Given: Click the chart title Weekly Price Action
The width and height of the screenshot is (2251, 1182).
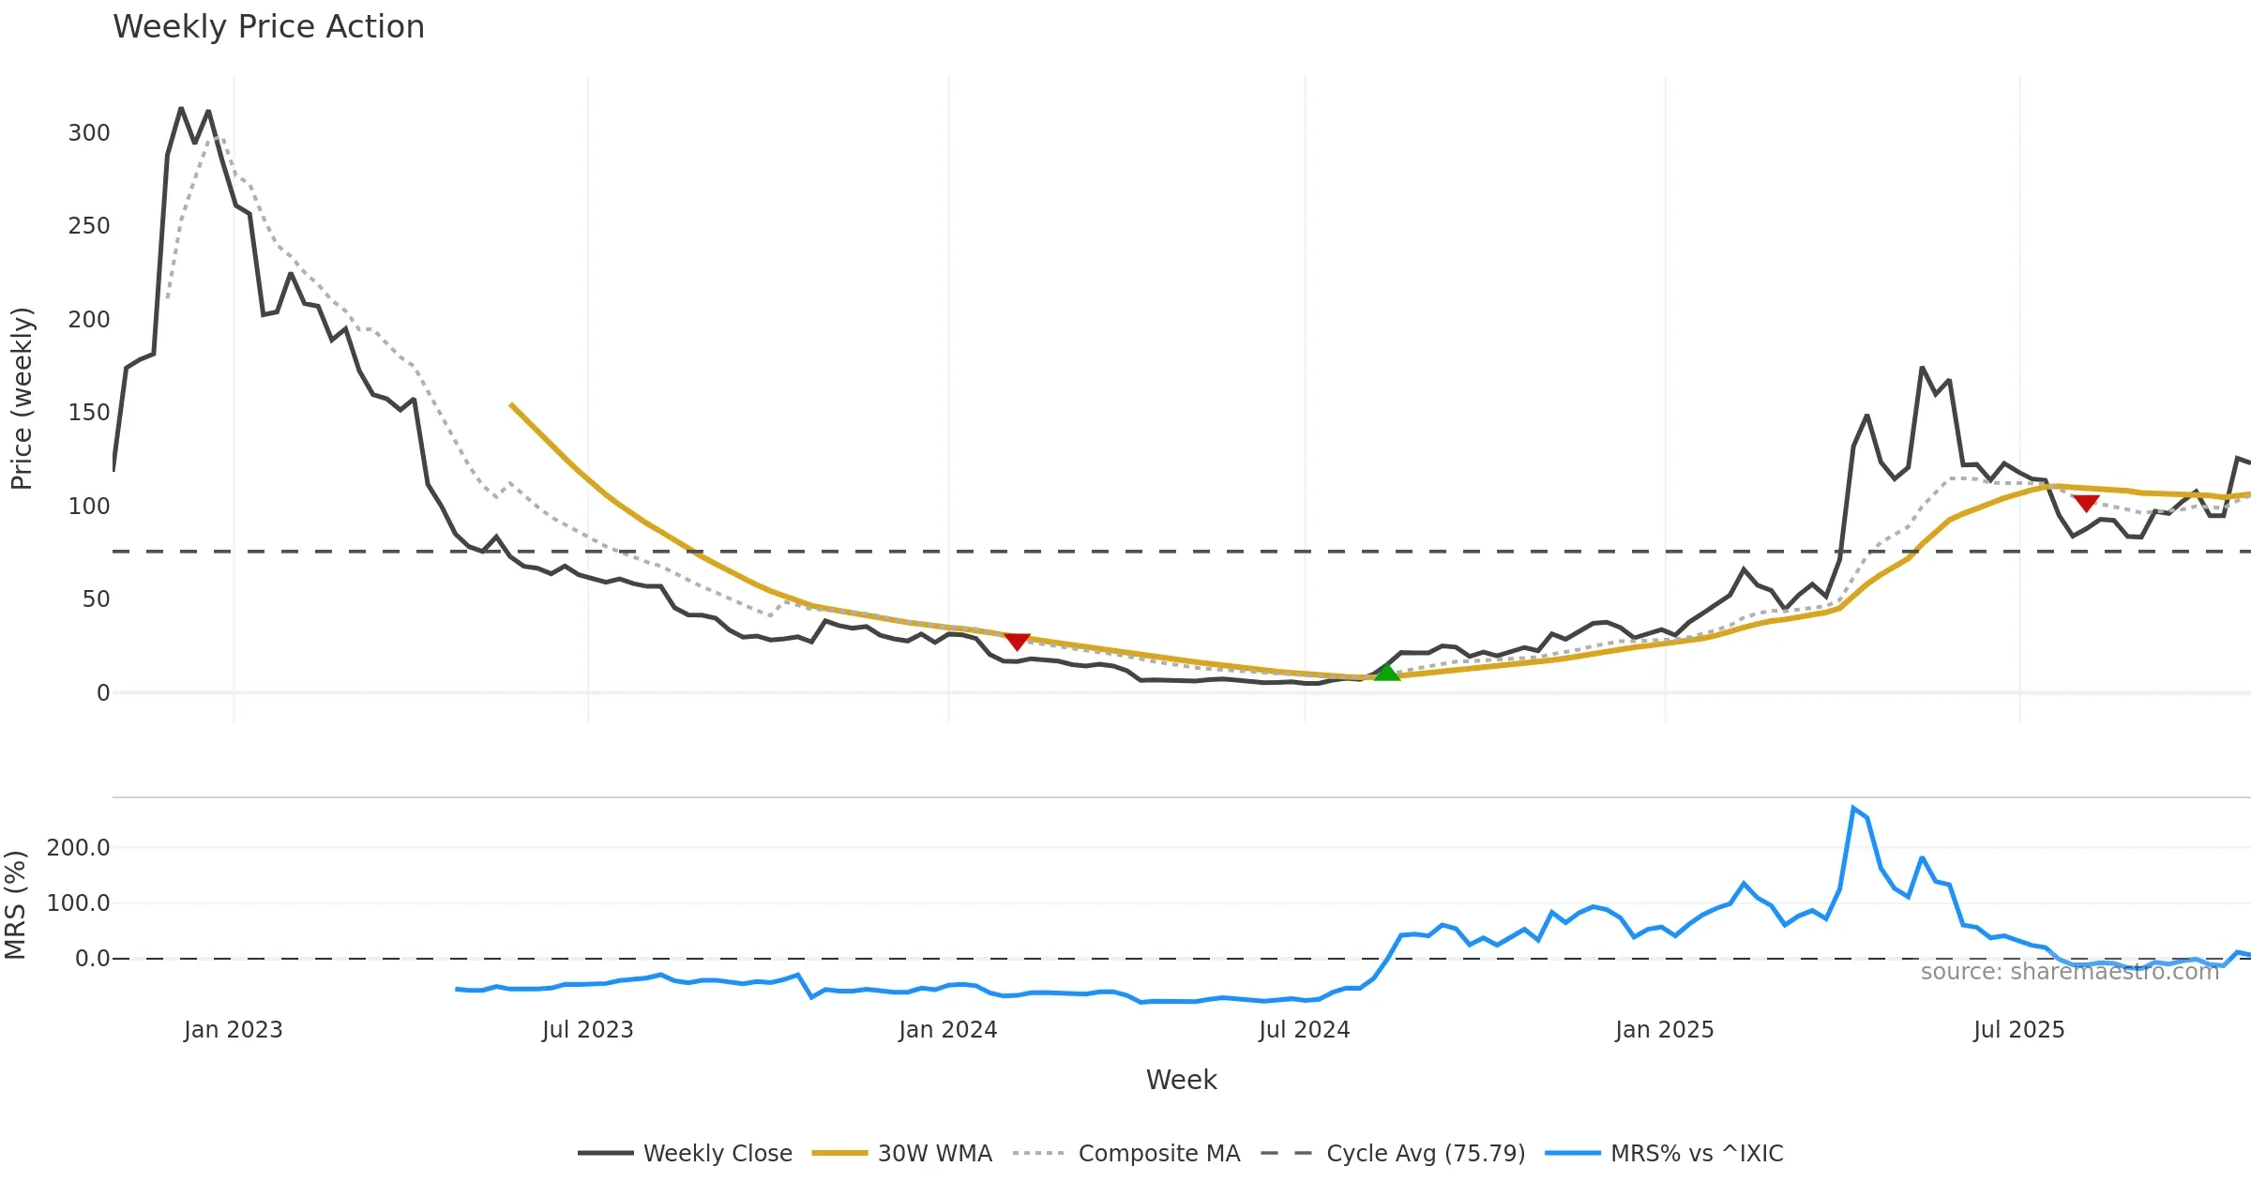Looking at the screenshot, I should point(268,27).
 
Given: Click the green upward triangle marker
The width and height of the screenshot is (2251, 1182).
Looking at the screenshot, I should point(1386,672).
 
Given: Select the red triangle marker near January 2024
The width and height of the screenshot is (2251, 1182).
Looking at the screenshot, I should point(1017,641).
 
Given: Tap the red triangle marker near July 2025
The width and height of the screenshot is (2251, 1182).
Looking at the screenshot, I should point(2085,503).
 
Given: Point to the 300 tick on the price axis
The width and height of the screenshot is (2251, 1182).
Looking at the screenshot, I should point(89,133).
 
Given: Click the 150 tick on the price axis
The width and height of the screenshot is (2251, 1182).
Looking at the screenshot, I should point(89,413).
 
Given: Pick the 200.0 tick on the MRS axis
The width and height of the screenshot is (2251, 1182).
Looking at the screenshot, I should point(79,848).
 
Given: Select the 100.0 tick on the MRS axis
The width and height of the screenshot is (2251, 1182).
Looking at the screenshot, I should point(79,903).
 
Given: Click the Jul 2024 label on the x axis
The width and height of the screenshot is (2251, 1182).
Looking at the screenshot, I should point(1304,1030).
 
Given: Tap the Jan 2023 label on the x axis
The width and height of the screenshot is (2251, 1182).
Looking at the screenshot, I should point(233,1030).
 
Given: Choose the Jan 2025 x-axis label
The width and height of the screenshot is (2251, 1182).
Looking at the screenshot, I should point(1664,1030).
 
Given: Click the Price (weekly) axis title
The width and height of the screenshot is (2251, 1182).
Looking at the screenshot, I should point(22,399).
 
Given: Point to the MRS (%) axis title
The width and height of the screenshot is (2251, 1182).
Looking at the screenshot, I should point(15,905).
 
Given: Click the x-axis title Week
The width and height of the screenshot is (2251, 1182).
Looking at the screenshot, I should point(1181,1081).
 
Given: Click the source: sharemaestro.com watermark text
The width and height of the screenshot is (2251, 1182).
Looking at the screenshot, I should point(2069,972).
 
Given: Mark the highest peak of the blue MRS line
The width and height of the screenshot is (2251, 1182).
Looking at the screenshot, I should point(1853,808).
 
